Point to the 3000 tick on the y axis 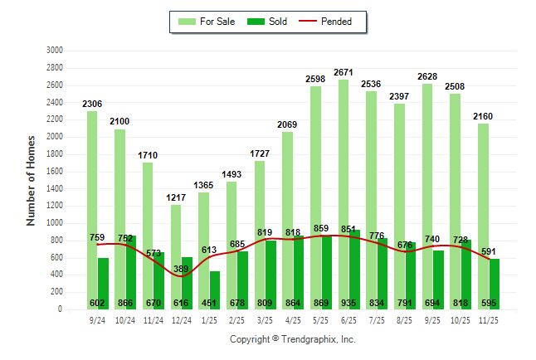(55, 51)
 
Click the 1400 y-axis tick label (55, 189)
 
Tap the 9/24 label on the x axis (97, 319)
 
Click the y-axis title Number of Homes (31, 180)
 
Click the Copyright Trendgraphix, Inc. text (292, 339)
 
